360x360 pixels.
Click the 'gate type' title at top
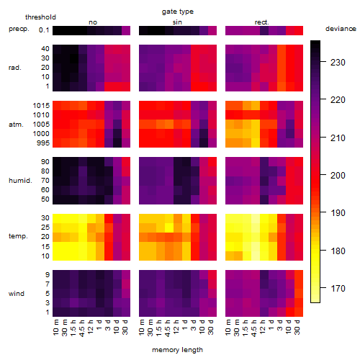[178, 12]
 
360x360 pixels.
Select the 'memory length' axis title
[177, 350]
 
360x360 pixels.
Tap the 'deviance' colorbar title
[341, 29]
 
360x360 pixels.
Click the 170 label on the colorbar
[338, 288]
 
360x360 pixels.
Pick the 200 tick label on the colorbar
[338, 176]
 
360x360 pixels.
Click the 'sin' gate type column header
[177, 22]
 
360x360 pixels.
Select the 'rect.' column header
[261, 22]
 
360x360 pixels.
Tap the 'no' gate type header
[93, 22]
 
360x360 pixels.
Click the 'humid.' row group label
[20, 181]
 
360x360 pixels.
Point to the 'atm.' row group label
[16, 125]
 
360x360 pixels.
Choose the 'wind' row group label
[17, 294]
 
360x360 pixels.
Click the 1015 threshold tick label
[41, 106]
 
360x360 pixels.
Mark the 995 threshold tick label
[43, 143]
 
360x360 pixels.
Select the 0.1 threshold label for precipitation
[44, 30]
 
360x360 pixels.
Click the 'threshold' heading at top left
[40, 17]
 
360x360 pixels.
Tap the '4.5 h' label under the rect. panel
[253, 328]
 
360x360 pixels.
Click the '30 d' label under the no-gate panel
[125, 327]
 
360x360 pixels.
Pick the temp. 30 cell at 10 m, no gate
[57, 218]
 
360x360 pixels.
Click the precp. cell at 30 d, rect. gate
[299, 30]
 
